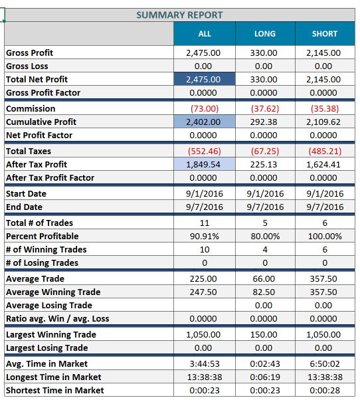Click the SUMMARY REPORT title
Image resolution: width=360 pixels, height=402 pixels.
click(x=179, y=15)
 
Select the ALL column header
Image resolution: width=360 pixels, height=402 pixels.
click(x=205, y=34)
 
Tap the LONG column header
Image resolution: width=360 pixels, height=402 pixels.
click(x=265, y=34)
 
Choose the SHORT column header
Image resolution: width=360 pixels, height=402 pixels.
click(x=325, y=34)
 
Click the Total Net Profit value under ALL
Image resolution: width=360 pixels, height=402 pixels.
click(x=203, y=79)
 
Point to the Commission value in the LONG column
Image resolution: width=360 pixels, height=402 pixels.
click(x=265, y=109)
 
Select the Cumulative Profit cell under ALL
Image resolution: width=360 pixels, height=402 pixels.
click(x=205, y=122)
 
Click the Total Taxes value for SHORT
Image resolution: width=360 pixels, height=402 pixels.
click(x=325, y=151)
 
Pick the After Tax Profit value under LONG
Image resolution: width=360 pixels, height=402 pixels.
click(x=264, y=164)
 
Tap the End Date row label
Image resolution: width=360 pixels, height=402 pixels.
click(x=24, y=207)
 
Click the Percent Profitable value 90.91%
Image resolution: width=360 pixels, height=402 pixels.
click(x=205, y=236)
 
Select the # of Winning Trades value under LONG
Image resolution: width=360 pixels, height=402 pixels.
click(x=265, y=249)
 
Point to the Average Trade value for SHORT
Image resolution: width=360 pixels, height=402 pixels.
click(x=323, y=278)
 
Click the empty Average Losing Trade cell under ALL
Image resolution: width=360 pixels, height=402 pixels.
click(x=205, y=305)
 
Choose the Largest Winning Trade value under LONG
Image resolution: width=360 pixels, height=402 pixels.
click(x=264, y=335)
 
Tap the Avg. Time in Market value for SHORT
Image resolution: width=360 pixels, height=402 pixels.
click(x=325, y=364)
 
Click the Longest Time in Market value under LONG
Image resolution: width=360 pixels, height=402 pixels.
click(x=265, y=377)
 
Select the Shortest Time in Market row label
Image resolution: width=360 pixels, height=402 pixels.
click(x=55, y=391)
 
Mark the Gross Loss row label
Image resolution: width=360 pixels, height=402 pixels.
click(x=27, y=66)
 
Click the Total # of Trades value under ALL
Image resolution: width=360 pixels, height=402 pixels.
click(x=205, y=223)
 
